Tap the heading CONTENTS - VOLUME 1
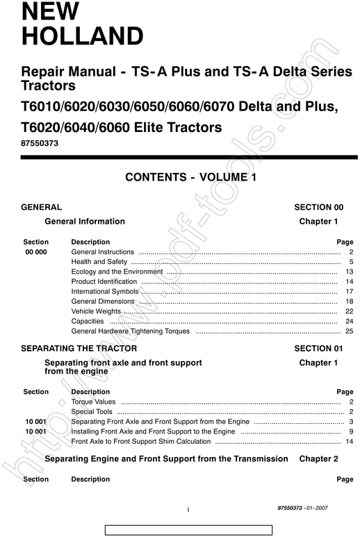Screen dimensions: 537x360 coord(190,178)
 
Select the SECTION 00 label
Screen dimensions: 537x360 coord(318,207)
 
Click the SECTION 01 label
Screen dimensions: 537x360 coord(318,348)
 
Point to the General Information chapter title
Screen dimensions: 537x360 coord(85,222)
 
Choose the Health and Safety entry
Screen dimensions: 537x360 coord(99,262)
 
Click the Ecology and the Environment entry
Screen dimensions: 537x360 coord(117,272)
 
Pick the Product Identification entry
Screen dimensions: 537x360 coord(104,282)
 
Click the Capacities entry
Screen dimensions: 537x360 coord(88,322)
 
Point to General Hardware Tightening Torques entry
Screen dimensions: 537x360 coord(131,331)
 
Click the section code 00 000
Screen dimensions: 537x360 coord(36,251)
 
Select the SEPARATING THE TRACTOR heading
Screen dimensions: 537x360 coord(79,348)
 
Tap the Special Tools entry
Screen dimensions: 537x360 coord(92,412)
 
